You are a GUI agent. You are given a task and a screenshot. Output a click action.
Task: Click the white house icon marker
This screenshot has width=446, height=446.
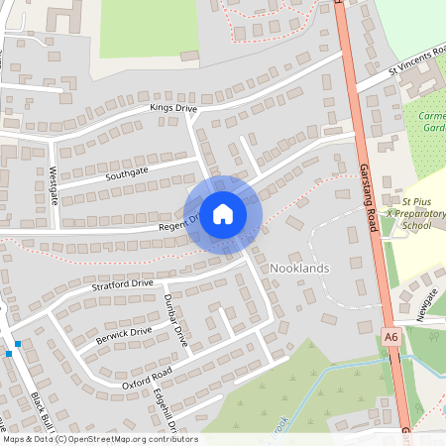pyautogui.click(x=223, y=213)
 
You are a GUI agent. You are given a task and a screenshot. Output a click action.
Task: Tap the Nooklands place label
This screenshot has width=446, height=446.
pyautogui.click(x=299, y=269)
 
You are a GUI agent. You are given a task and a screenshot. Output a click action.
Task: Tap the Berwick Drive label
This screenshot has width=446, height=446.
pyautogui.click(x=124, y=332)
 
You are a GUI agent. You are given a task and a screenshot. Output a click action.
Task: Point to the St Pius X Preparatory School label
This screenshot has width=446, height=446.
pyautogui.click(x=416, y=213)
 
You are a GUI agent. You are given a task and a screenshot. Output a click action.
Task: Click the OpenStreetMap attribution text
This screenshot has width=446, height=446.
pyautogui.click(x=100, y=439)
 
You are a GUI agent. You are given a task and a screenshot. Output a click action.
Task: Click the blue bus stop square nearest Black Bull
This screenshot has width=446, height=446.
pyautogui.click(x=17, y=343)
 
